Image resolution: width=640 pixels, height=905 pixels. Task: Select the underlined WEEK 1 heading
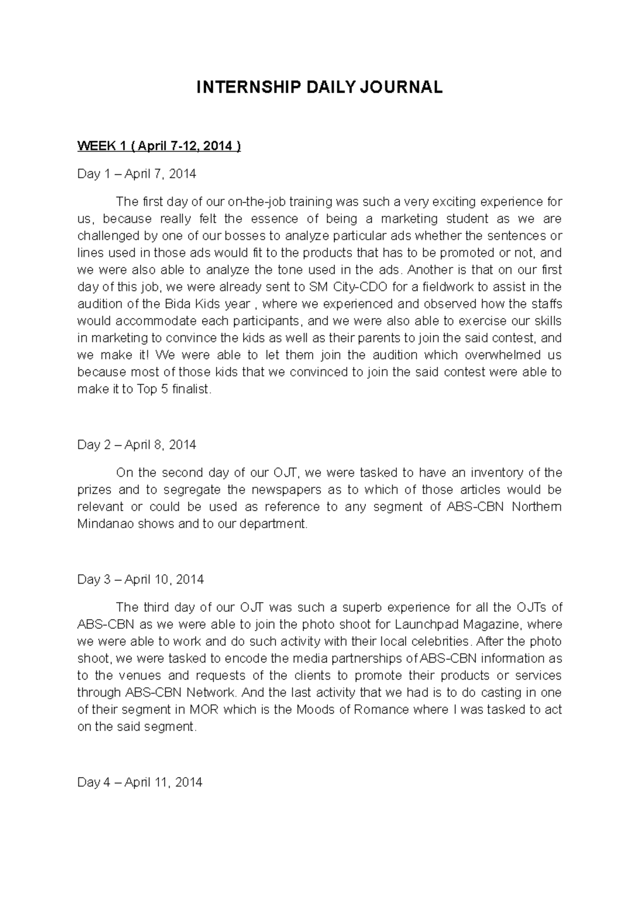[159, 146]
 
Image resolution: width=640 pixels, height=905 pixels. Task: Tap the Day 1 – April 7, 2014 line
[137, 174]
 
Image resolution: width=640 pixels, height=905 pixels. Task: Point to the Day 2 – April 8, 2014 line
[137, 445]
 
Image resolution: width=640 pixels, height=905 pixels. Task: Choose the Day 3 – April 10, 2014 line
[140, 579]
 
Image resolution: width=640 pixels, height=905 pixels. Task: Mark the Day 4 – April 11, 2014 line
[140, 782]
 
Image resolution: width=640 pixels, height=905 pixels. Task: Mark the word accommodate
[157, 321]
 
